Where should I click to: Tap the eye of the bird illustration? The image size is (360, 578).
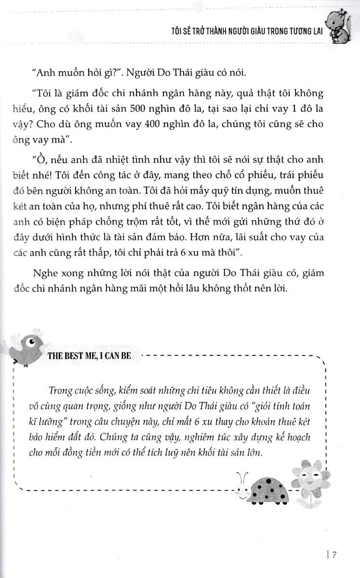pyautogui.click(x=32, y=342)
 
